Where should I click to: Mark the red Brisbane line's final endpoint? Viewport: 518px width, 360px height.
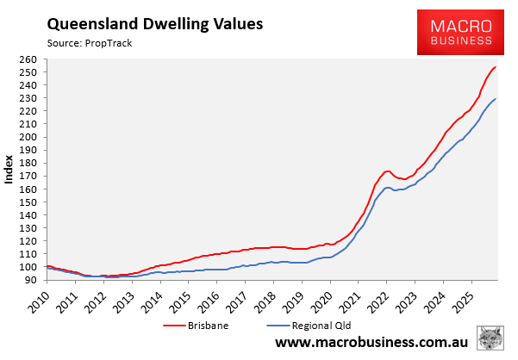coord(495,67)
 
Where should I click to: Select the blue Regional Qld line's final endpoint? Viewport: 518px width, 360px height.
coord(495,99)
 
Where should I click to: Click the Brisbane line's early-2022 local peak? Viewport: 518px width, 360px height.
coord(387,171)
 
